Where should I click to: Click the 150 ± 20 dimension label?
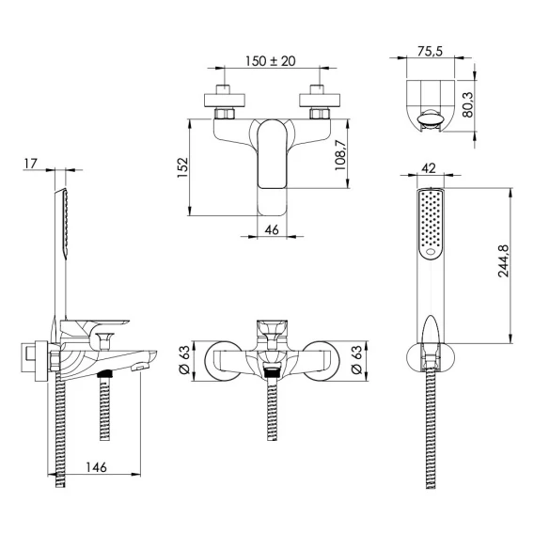271,61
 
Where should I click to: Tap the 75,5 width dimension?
430,51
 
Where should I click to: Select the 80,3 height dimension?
468,105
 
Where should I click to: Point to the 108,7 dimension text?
340,154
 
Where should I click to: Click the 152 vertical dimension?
182,167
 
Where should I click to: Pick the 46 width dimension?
272,230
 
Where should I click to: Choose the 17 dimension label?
30,164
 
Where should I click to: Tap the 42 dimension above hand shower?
429,168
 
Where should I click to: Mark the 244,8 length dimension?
503,260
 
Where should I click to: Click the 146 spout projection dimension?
97,467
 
